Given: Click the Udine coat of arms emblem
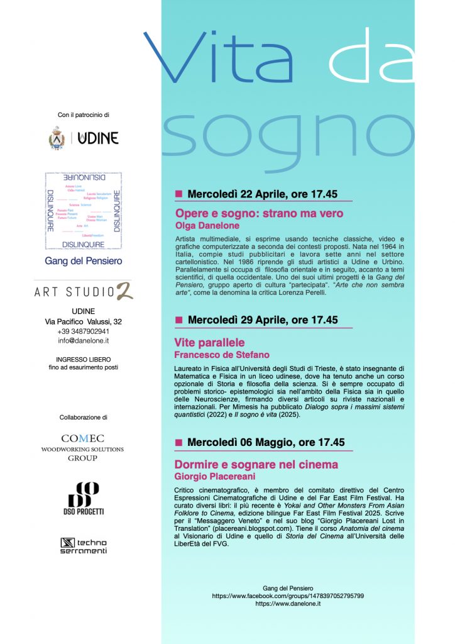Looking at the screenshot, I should pos(57,138).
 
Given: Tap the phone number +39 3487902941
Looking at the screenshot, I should pos(84,331).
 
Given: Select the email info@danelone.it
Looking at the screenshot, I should pos(84,341).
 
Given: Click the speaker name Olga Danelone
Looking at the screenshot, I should pos(207,226).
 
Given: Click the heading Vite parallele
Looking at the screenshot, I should pos(209,343).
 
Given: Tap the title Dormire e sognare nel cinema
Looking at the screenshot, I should pos(256,465).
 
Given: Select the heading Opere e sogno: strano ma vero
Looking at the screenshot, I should pos(260,214).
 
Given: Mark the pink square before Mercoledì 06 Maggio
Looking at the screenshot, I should pos(178,442).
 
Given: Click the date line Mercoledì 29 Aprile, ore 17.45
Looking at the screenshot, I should pos(263,320).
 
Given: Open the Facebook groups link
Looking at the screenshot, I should pos(288,595).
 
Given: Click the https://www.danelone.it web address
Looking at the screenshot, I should pos(288,603).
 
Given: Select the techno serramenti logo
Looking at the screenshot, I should pos(84,546).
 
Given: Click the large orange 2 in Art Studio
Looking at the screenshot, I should pos(125,291).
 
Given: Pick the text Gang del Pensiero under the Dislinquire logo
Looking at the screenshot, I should pos(84,260).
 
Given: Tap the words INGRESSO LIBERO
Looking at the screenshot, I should pos(84,359).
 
